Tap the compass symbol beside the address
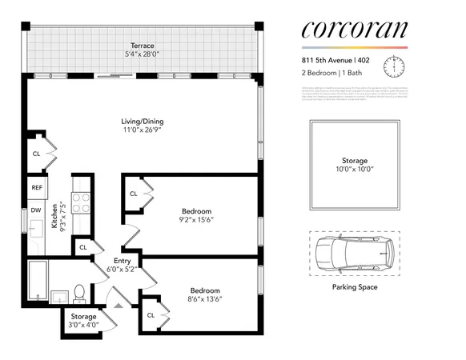click(393, 65)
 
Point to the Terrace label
click(144, 46)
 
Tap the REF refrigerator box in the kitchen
click(37, 188)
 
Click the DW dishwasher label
click(37, 210)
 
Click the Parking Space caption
click(354, 287)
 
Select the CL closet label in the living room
click(37, 153)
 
